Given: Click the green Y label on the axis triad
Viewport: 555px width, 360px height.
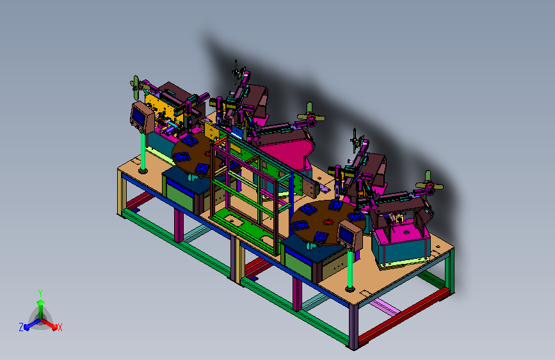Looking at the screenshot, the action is (40, 293).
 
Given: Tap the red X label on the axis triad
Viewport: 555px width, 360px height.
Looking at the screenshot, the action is (60, 327).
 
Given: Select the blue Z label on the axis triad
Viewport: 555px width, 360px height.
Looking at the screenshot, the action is (21, 327).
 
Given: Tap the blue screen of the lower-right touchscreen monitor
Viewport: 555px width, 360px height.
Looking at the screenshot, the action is (344, 234).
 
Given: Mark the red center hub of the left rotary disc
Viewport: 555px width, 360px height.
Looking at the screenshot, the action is (208, 154).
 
